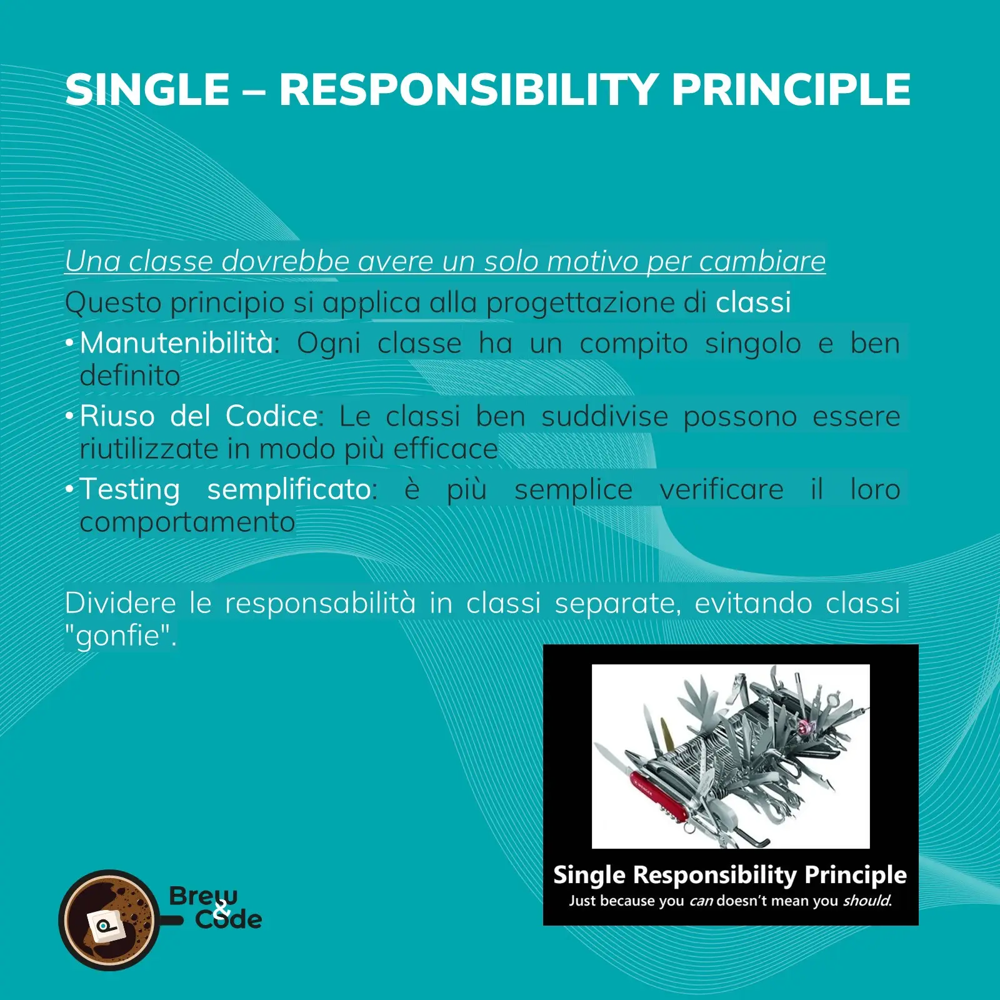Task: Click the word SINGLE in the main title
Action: click(x=148, y=89)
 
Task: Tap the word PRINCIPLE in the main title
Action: click(x=791, y=89)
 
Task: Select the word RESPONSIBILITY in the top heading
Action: click(x=468, y=89)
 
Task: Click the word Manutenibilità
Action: click(x=177, y=343)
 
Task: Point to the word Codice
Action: click(x=272, y=416)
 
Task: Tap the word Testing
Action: click(x=130, y=489)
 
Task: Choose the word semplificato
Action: click(x=289, y=490)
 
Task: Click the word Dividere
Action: click(x=121, y=603)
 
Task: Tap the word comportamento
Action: click(x=187, y=522)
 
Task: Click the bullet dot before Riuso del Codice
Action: click(x=70, y=416)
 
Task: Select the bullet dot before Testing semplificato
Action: click(x=70, y=489)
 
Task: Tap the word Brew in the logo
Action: click(x=203, y=896)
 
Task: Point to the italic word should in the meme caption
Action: click(x=866, y=901)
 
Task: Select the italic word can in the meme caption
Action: click(x=701, y=901)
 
